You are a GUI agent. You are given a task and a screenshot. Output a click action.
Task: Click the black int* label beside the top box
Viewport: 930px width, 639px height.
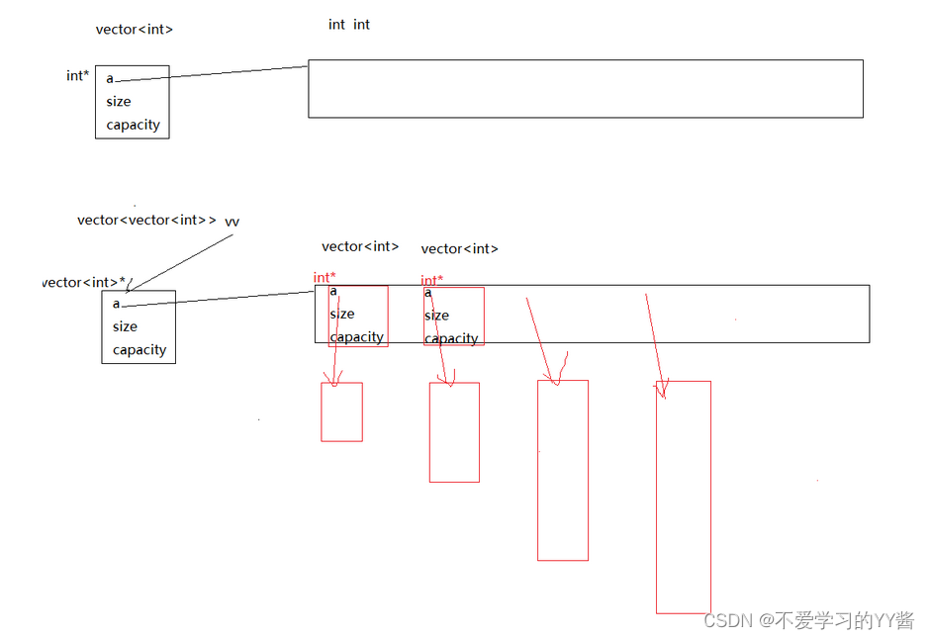76,76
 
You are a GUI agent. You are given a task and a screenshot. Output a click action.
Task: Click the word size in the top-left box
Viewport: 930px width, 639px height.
119,102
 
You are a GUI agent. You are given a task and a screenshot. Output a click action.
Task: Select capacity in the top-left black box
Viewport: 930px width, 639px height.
133,126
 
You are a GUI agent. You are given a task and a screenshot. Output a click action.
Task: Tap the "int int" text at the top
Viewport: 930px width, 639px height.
349,25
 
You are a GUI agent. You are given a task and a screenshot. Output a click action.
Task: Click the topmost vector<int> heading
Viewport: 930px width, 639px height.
135,30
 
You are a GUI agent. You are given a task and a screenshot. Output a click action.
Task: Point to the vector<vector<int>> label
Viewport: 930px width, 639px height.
146,221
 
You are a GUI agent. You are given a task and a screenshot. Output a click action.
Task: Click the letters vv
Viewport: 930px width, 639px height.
232,222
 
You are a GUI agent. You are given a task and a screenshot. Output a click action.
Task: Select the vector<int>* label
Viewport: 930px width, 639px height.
84,283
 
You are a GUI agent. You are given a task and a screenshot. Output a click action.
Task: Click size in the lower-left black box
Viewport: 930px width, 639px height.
125,327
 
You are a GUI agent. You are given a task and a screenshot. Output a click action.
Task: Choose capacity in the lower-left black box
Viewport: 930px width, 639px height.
139,350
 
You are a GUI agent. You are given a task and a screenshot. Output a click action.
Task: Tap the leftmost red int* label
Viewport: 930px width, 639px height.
325,278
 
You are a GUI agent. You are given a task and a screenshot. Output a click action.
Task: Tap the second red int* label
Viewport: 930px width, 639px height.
431,281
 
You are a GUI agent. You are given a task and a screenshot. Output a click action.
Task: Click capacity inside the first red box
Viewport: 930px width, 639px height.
356,337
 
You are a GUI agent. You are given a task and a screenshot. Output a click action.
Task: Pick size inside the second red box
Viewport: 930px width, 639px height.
436,316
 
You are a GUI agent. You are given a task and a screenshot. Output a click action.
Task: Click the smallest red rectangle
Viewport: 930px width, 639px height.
341,412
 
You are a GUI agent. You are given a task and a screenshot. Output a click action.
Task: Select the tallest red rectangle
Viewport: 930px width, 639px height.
683,498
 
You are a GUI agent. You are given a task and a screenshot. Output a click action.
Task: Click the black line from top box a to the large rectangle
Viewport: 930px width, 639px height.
237,72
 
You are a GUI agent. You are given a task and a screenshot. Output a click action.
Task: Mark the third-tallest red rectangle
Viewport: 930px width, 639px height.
454,432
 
